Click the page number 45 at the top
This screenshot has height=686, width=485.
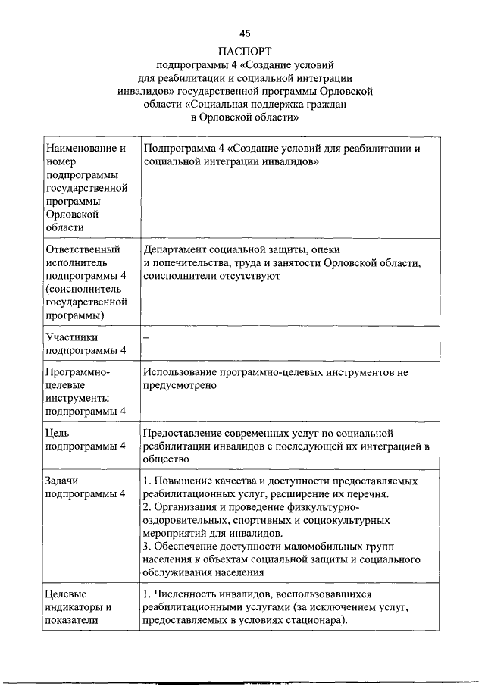244,33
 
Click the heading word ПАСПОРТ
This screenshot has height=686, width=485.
244,51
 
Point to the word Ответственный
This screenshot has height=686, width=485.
83,249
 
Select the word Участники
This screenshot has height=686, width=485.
72,337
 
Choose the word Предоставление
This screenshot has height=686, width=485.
186,432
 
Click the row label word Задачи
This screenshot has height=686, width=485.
63,481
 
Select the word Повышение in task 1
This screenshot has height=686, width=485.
186,481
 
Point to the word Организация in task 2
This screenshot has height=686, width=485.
189,507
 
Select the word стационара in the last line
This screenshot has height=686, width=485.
317,620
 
